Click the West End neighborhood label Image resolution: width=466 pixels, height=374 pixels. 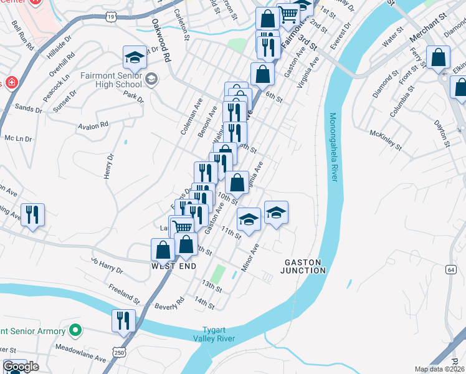[x=174, y=266]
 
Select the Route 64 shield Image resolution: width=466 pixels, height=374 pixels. [x=450, y=269]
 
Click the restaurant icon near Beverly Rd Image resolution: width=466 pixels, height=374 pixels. [x=123, y=320]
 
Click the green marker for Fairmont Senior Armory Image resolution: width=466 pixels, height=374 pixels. [x=75, y=331]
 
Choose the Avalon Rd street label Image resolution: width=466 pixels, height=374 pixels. [x=93, y=125]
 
